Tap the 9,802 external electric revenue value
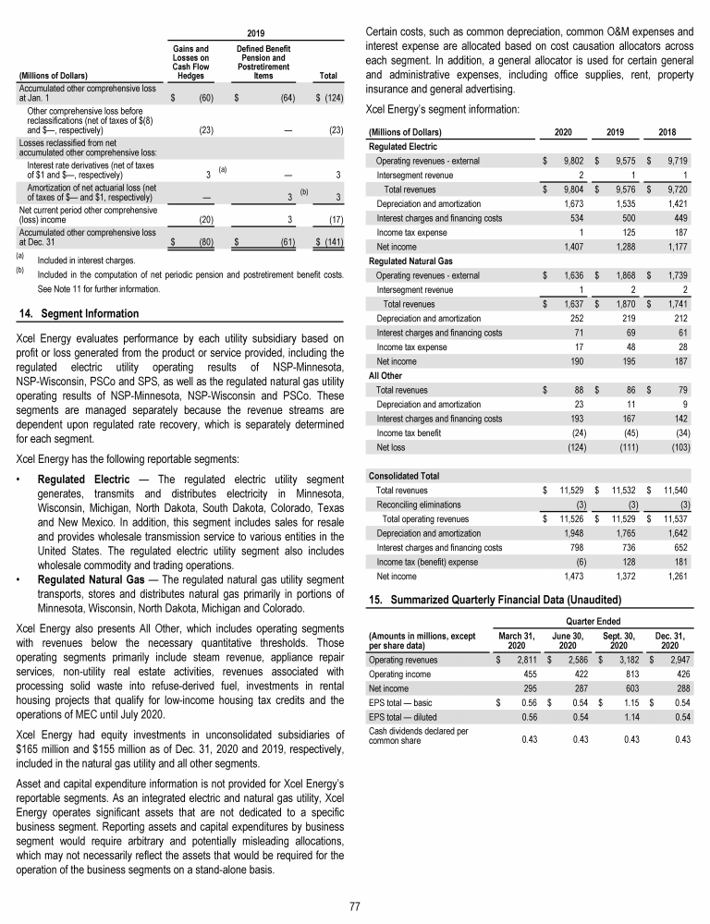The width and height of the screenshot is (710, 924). point(566,159)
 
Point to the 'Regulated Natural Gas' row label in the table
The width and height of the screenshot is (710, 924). point(410,261)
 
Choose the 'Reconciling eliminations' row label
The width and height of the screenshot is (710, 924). point(418,504)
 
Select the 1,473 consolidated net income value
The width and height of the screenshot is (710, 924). point(566,577)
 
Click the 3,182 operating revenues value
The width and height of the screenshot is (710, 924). point(617,661)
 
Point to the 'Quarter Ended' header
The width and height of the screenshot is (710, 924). point(593,622)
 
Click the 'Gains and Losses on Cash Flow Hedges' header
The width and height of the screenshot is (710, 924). point(190,58)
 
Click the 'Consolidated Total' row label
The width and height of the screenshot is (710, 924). point(404,476)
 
